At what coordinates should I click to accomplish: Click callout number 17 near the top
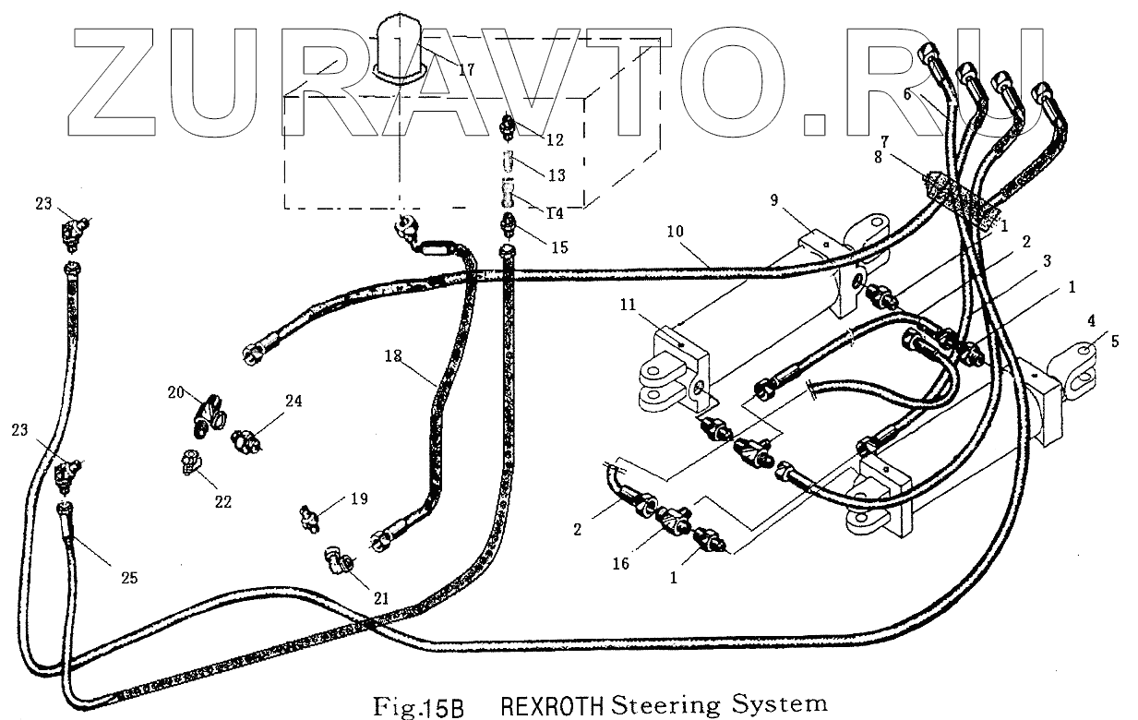(x=465, y=69)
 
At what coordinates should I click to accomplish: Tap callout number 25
(x=128, y=578)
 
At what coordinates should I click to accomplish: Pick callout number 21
(x=380, y=598)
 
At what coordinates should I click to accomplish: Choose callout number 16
(x=620, y=562)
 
